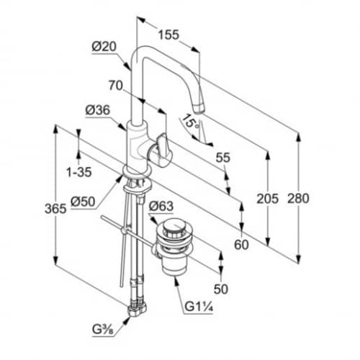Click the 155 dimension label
[168, 35]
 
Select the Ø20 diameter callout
[104, 47]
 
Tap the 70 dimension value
[116, 86]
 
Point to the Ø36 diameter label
[98, 110]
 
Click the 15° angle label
[190, 122]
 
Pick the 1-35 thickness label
[79, 172]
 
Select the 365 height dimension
[55, 209]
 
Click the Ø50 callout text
[83, 202]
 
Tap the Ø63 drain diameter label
[161, 206]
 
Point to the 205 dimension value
[268, 199]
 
